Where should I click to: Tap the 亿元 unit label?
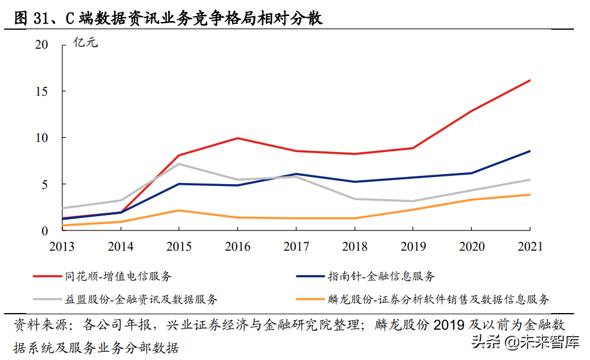click(84, 43)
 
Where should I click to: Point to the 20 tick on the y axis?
click(41, 45)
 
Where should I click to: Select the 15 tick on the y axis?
click(41, 91)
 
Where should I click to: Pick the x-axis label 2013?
click(62, 247)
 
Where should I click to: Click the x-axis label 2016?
click(237, 247)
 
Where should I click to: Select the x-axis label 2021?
click(529, 247)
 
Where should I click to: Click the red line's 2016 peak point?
click(237, 138)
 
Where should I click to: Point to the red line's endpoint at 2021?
click(529, 80)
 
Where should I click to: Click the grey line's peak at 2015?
click(179, 164)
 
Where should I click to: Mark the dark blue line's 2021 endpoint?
click(529, 151)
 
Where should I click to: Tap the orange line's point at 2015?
click(179, 210)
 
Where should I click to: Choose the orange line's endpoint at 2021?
click(529, 195)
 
